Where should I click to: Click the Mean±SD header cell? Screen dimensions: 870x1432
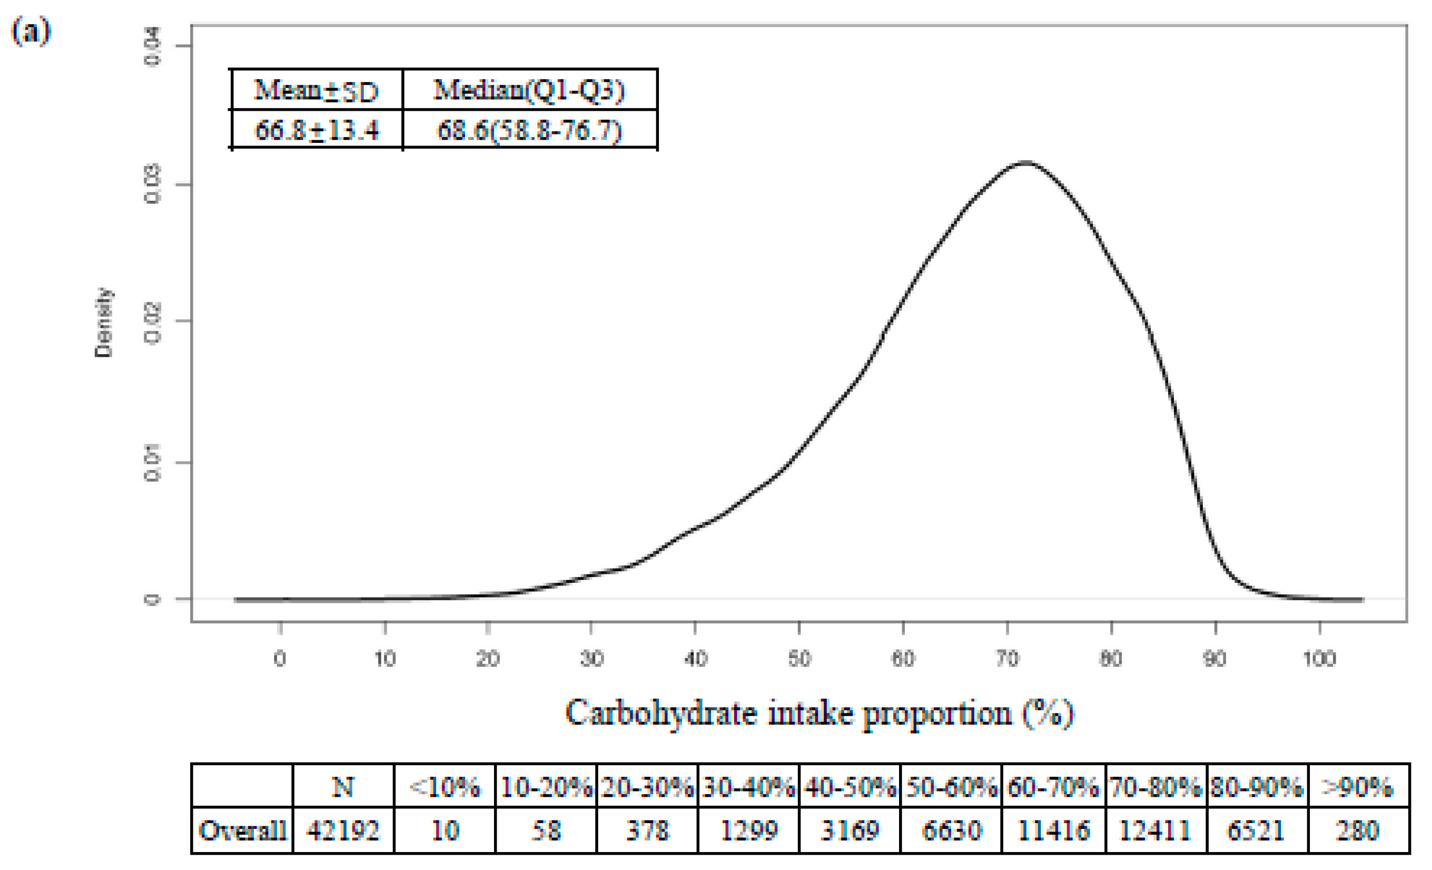317,90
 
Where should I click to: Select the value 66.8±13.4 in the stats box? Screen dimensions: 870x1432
317,130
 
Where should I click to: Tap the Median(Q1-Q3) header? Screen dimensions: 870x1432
529,90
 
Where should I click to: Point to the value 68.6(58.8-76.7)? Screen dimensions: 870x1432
529,130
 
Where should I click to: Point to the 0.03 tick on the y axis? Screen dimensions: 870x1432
152,184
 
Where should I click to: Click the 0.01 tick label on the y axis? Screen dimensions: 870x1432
152,463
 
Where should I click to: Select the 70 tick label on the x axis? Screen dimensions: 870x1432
1007,659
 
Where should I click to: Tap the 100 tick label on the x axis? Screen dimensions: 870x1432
1319,659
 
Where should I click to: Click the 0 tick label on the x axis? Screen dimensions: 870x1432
280,659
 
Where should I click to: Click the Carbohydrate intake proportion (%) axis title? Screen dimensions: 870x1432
819,713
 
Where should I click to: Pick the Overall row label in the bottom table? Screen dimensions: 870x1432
242,830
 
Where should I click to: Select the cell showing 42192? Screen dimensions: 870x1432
343,830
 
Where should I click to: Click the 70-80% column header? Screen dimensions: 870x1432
1155,787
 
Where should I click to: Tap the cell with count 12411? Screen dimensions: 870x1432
1155,830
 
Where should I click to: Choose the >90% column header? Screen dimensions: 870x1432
1358,787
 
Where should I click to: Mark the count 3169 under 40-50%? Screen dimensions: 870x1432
850,830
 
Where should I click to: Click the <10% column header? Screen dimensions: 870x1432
445,787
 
